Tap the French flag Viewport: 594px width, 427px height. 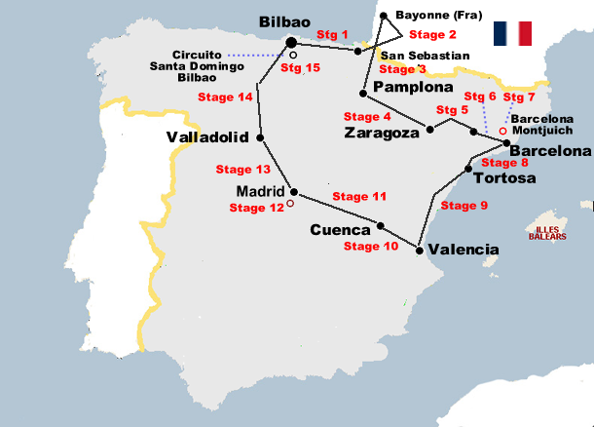click(511, 34)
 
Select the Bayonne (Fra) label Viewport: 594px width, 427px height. click(434, 16)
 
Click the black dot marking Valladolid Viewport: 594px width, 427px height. click(260, 136)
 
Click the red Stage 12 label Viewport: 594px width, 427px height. click(256, 207)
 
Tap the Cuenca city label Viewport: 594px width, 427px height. click(340, 231)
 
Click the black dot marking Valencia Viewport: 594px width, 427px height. click(419, 251)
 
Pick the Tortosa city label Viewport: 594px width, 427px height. click(503, 177)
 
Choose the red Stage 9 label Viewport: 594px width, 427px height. click(464, 206)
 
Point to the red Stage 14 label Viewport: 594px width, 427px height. click(225, 97)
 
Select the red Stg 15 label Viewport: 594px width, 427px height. click(300, 68)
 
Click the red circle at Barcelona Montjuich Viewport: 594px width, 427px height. click(502, 130)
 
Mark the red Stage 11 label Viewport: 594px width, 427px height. click(359, 196)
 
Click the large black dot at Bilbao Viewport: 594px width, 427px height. click(291, 42)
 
